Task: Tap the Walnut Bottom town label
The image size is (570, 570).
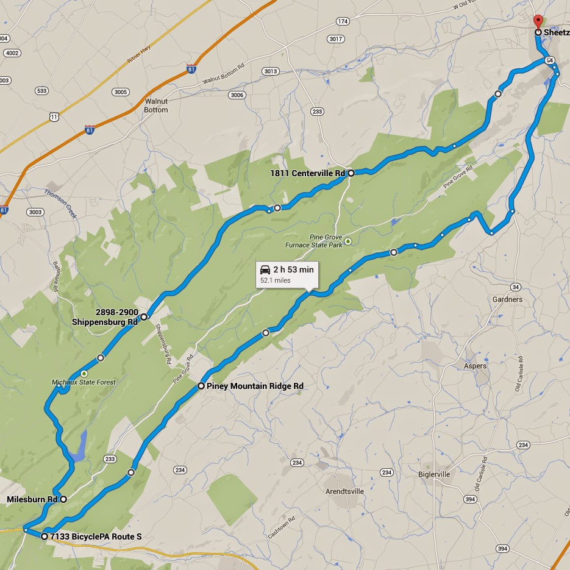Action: tap(156, 105)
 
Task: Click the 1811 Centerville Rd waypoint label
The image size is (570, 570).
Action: tap(307, 173)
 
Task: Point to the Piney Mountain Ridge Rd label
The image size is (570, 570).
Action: tap(255, 386)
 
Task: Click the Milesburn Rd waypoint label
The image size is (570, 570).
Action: tap(32, 499)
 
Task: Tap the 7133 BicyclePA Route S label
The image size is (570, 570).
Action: tap(96, 536)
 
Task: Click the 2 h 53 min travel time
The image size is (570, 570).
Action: tap(294, 269)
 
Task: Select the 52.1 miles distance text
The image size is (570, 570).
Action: tap(276, 280)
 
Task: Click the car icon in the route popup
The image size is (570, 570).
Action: tap(265, 269)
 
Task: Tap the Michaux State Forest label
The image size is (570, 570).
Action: tap(84, 382)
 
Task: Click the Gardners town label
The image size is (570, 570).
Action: tap(507, 299)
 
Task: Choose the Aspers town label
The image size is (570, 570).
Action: tap(475, 366)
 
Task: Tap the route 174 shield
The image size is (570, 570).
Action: tap(343, 21)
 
